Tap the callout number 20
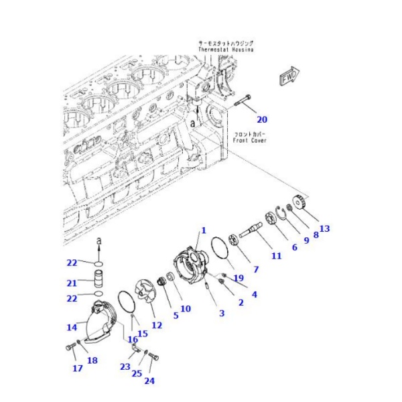coord(262,120)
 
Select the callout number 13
coord(325,228)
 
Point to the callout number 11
coord(276,256)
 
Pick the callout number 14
coord(72,327)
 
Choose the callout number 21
coord(72,282)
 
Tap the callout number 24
coord(149,381)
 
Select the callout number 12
coord(157,325)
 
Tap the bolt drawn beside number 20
coord(242,103)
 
